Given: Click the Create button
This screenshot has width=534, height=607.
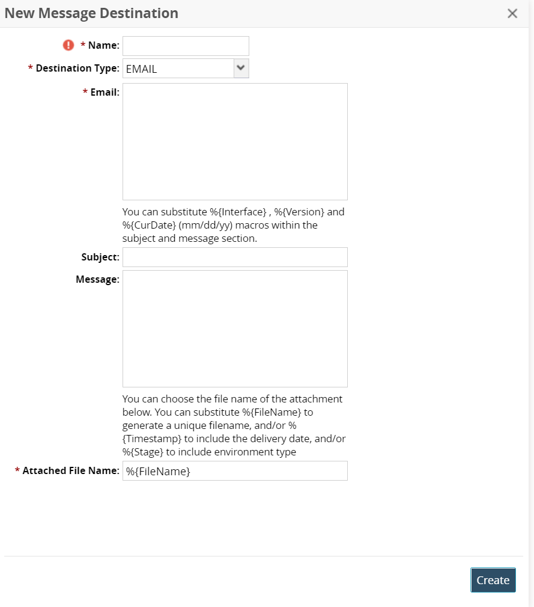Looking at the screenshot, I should tap(493, 580).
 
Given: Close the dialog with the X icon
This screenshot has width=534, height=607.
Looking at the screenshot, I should tap(512, 13).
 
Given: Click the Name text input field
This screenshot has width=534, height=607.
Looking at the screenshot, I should tap(186, 46).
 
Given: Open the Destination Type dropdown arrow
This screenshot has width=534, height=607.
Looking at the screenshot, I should tap(241, 68).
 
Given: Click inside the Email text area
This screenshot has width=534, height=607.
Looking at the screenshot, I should tap(235, 141).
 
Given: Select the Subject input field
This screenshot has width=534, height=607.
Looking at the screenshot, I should tap(235, 257).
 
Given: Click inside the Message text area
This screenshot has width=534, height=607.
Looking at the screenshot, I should tap(235, 328).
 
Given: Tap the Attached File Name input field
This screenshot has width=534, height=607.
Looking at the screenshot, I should tap(235, 471).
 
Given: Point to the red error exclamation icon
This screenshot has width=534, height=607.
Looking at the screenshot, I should tap(68, 45).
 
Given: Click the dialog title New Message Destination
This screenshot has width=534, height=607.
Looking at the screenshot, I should tap(91, 13).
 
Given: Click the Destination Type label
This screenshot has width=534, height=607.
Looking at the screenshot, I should tap(77, 69).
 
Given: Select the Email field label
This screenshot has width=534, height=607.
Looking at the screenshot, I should tap(105, 93).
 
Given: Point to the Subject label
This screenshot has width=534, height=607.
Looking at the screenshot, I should tap(100, 257).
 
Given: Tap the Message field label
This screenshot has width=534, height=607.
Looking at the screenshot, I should tap(97, 280).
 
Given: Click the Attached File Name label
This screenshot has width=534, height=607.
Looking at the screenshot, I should tap(70, 471).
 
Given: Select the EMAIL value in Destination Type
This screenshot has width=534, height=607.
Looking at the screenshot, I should tap(142, 69).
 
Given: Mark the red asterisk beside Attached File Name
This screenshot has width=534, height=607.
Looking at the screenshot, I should tap(17, 471).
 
